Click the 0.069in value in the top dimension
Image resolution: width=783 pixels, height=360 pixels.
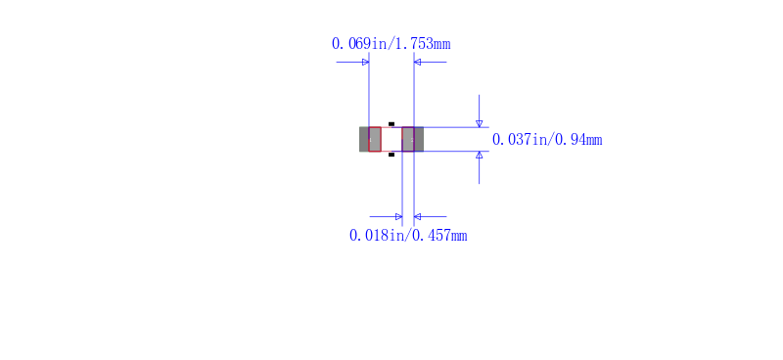[359, 44]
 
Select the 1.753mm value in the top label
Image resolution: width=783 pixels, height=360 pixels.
[423, 44]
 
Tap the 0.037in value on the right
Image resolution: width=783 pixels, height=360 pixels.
[520, 139]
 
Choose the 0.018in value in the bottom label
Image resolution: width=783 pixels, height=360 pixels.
[377, 235]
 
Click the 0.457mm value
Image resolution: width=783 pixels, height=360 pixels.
[440, 235]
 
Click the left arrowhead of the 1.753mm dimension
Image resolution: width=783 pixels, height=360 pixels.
[365, 62]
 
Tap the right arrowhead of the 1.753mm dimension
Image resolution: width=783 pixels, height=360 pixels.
[418, 62]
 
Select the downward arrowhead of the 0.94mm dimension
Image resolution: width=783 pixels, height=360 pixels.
[480, 124]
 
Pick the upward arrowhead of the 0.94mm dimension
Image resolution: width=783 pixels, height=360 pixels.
[480, 155]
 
